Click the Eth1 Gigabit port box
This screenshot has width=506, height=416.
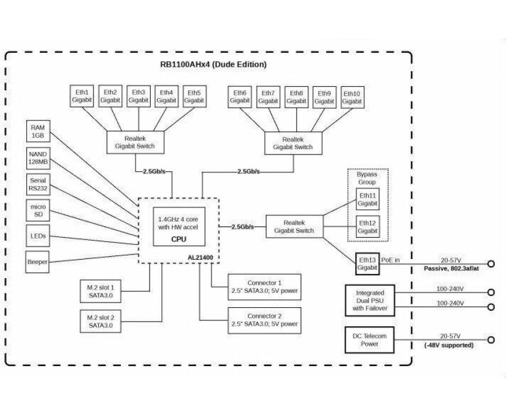(x=82, y=96)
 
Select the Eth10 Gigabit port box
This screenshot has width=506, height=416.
(x=352, y=97)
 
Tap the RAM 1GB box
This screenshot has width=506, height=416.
(x=38, y=131)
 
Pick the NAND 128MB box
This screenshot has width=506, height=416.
(x=38, y=158)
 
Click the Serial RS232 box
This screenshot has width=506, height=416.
(x=38, y=184)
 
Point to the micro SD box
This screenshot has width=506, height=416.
(x=38, y=210)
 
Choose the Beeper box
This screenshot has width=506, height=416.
(x=38, y=262)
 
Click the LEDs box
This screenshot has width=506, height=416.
(x=38, y=236)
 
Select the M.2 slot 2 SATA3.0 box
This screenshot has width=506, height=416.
(x=101, y=322)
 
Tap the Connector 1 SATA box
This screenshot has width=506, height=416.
(x=265, y=287)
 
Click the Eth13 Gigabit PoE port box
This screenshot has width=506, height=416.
(x=367, y=264)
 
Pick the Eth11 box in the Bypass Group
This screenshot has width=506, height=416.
(x=367, y=200)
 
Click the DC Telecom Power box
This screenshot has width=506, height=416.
(x=370, y=340)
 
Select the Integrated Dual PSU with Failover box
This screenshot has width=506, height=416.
(x=370, y=301)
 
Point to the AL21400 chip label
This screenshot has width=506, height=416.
(x=201, y=257)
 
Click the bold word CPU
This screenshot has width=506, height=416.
(x=179, y=239)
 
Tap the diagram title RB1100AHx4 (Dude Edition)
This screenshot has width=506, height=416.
(x=214, y=64)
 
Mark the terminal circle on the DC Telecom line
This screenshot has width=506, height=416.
(x=491, y=340)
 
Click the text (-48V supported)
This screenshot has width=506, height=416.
(x=449, y=345)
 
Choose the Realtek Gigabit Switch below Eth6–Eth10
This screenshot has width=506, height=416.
(x=293, y=143)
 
